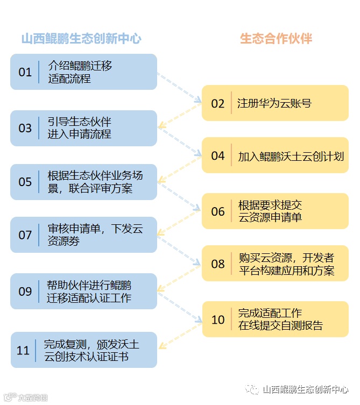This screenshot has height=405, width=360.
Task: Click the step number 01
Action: pyautogui.click(x=25, y=72)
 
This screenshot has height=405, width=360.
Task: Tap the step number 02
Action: pyautogui.click(x=217, y=104)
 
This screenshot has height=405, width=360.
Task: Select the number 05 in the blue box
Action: pyautogui.click(x=25, y=182)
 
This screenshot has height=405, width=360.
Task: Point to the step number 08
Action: pyautogui.click(x=217, y=264)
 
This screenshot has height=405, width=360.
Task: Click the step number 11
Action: pyautogui.click(x=23, y=351)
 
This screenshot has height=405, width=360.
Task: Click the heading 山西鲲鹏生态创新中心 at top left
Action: pyautogui.click(x=81, y=38)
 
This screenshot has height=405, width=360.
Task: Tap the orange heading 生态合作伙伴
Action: pyautogui.click(x=276, y=38)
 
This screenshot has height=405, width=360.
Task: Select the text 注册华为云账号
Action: pyautogui.click(x=274, y=103)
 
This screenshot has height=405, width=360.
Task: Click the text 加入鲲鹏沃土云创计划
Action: pyautogui.click(x=291, y=157)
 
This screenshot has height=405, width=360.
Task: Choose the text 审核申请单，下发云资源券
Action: pyautogui.click(x=95, y=235)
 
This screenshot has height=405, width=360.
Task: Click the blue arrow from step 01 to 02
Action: pyautogui.click(x=179, y=87)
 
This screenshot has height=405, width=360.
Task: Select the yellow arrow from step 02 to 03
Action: pyautogui.click(x=179, y=117)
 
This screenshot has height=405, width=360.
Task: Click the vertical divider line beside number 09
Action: pyautogui.click(x=39, y=291)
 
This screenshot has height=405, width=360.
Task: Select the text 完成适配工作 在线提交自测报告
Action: pyautogui.click(x=280, y=319)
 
